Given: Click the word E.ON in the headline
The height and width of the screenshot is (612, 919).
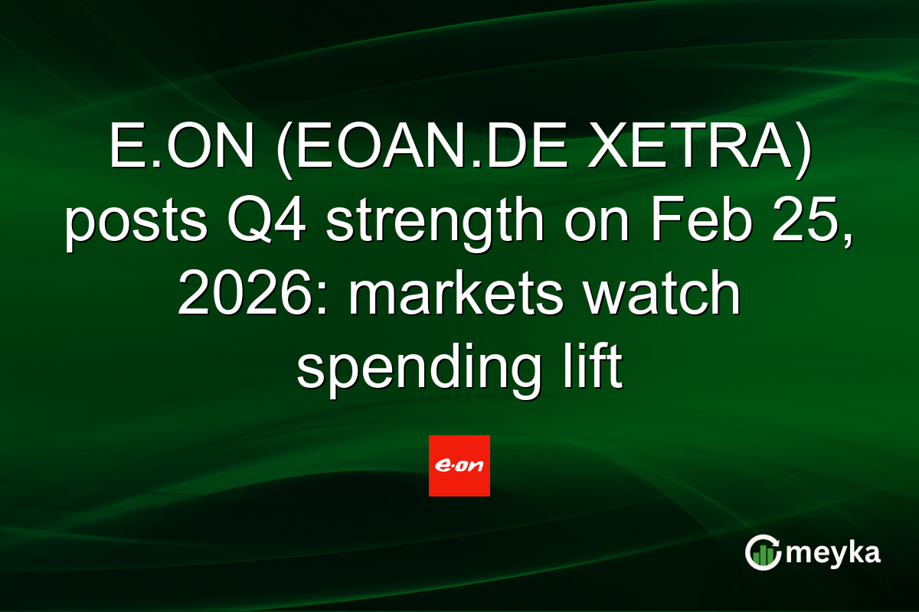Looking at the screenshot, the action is (x=182, y=146).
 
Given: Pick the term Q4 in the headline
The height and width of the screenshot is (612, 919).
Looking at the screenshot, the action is (x=267, y=220).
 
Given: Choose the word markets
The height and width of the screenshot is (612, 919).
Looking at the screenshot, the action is (x=456, y=293).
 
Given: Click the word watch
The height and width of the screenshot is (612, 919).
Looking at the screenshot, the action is (x=661, y=293).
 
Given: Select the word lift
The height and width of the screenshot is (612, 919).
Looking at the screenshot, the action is (x=592, y=365).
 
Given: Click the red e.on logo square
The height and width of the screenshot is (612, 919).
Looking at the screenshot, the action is (x=459, y=466).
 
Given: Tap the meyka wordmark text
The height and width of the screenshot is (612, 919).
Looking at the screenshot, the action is (x=833, y=554).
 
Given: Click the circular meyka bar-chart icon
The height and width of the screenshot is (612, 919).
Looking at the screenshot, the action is (x=763, y=552).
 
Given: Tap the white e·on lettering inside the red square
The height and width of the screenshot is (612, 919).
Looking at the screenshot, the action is (x=459, y=466).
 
